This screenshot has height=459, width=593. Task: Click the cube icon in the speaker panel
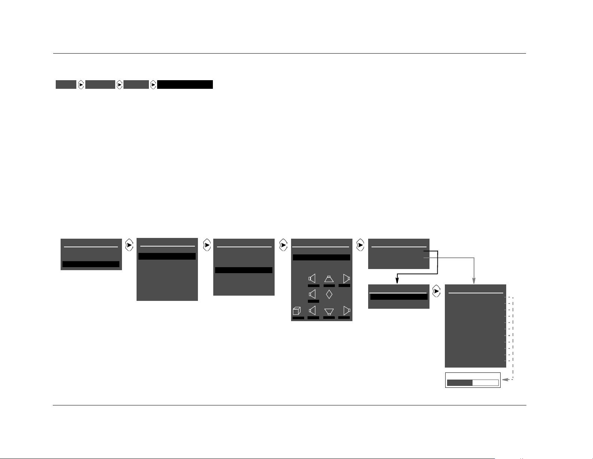(297, 311)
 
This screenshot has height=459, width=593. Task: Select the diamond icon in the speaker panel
(329, 294)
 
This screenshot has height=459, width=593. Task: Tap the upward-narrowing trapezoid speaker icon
(329, 279)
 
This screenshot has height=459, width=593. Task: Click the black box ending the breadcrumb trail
(185, 85)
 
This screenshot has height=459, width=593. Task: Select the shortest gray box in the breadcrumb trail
(66, 85)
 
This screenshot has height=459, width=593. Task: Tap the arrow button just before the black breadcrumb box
(153, 85)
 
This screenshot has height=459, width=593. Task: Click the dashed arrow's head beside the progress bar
(504, 380)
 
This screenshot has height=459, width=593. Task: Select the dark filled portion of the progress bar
(460, 383)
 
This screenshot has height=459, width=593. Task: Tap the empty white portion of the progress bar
(485, 383)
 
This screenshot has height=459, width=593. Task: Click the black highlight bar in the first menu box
(91, 264)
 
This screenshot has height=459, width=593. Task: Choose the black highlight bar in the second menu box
(167, 256)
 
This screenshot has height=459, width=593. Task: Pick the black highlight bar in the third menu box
(244, 270)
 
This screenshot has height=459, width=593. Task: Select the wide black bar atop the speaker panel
(321, 257)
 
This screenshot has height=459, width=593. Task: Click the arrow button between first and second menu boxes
(129, 246)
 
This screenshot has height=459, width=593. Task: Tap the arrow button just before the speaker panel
(283, 246)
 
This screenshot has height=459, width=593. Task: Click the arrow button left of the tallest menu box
(436, 292)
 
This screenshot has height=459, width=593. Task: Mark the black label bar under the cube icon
(298, 318)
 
